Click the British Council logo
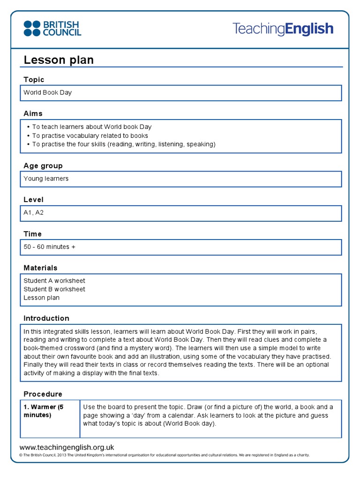pos(52,28)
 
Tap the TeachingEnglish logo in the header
pos(283,29)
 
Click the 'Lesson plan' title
pos(59,60)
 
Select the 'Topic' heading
pos(34,80)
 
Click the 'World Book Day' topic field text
pos(48,92)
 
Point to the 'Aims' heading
pos(33,113)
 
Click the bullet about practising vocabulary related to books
pos(90,135)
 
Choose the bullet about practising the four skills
pos(124,144)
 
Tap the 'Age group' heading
pos(43,166)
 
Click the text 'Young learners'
pos(46,179)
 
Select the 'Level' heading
pos(33,200)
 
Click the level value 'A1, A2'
pos(33,212)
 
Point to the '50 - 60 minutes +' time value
pos(49,247)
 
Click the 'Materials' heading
pos(40,268)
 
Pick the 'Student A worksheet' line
pos(54,281)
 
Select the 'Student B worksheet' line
pos(54,289)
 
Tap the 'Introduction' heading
pos(46,318)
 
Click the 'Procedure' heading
pos(43,394)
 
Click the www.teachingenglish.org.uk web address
pos(67,448)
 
